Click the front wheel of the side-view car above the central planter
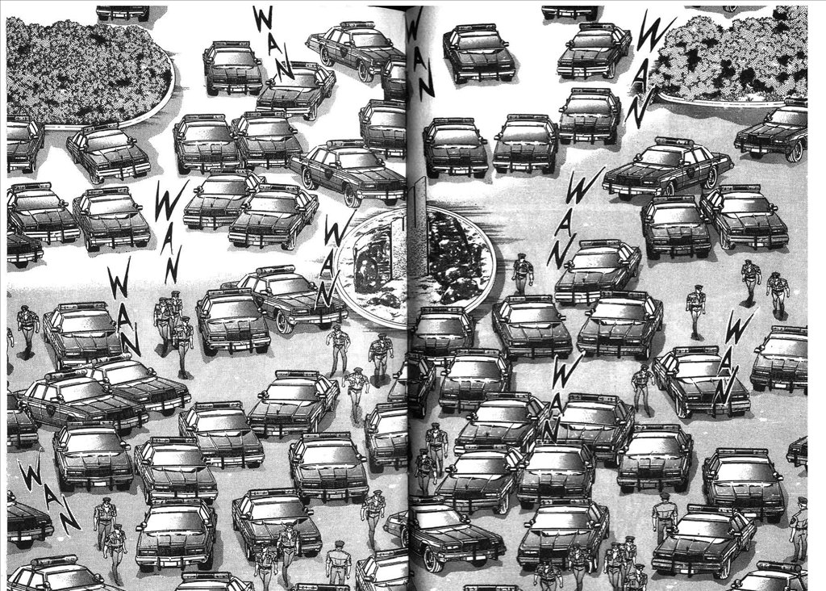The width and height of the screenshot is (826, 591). pos(351,195)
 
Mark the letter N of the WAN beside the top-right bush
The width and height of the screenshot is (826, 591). pos(639,111)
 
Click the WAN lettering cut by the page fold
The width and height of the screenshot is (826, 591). pos(419,52)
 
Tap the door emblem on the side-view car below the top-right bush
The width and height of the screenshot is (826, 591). pos(690,172)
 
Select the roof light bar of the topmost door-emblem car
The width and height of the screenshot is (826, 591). pos(355,24)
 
